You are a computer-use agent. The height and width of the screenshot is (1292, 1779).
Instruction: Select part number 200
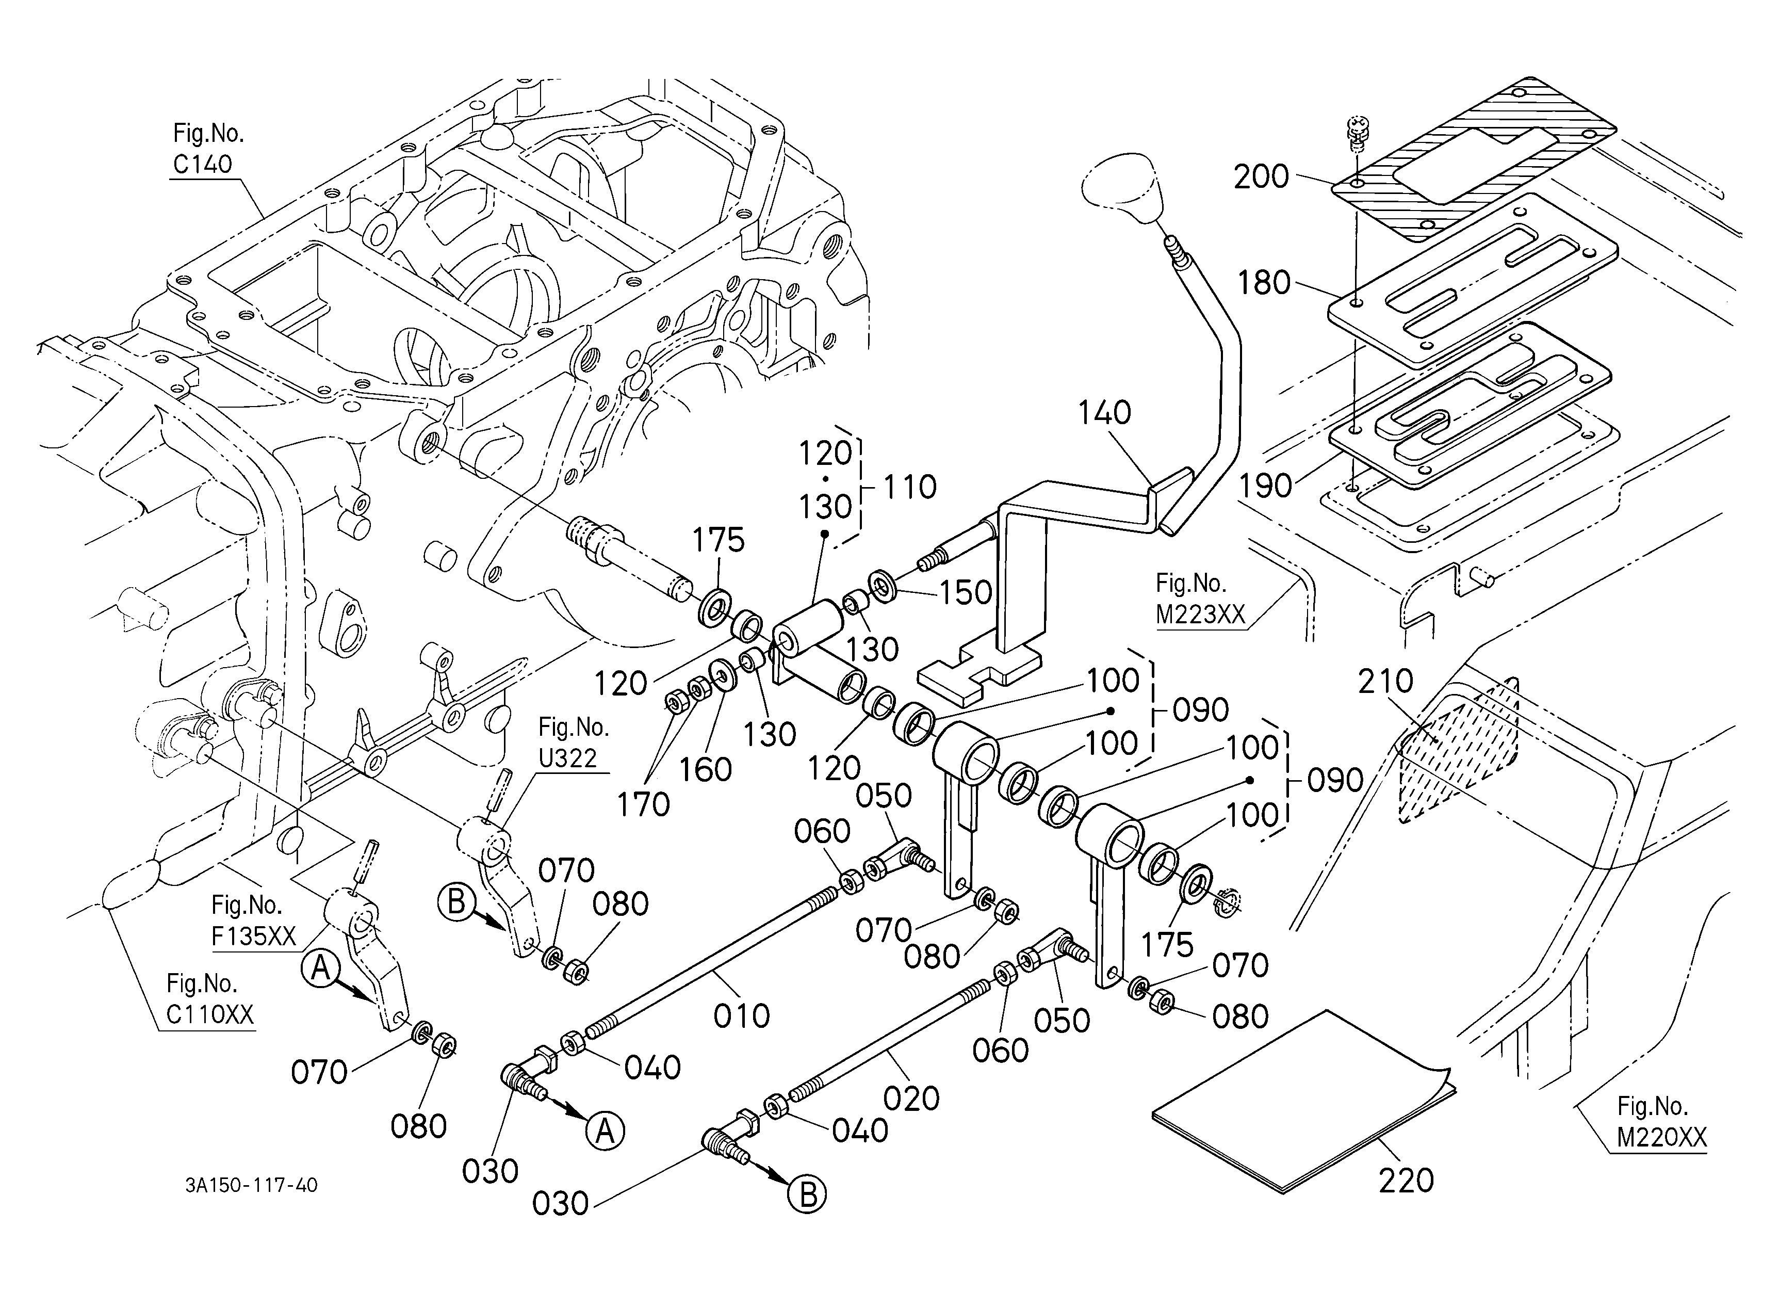1261,177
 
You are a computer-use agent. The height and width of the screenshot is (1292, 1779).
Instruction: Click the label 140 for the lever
1104,413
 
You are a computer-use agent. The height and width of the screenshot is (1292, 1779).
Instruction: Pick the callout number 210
1385,682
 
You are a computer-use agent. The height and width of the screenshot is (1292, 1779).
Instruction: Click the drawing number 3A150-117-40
252,1185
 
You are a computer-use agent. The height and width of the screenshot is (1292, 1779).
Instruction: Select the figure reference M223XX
1201,614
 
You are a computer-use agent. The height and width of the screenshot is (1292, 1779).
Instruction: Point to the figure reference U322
568,758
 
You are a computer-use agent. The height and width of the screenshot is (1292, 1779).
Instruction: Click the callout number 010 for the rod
741,1016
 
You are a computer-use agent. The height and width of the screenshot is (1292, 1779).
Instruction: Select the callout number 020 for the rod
911,1098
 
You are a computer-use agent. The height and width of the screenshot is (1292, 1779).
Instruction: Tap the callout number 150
966,593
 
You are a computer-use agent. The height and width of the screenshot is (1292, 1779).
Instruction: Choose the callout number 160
706,770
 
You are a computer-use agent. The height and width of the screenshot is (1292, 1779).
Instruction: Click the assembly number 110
910,487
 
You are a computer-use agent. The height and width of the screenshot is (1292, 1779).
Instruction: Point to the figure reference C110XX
210,1015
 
